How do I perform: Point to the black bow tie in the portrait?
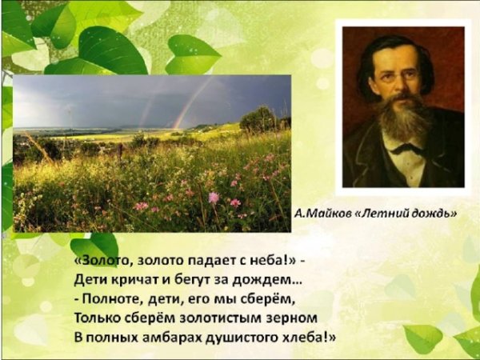tap(409, 148)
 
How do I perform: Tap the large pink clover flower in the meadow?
tap(214, 197)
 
